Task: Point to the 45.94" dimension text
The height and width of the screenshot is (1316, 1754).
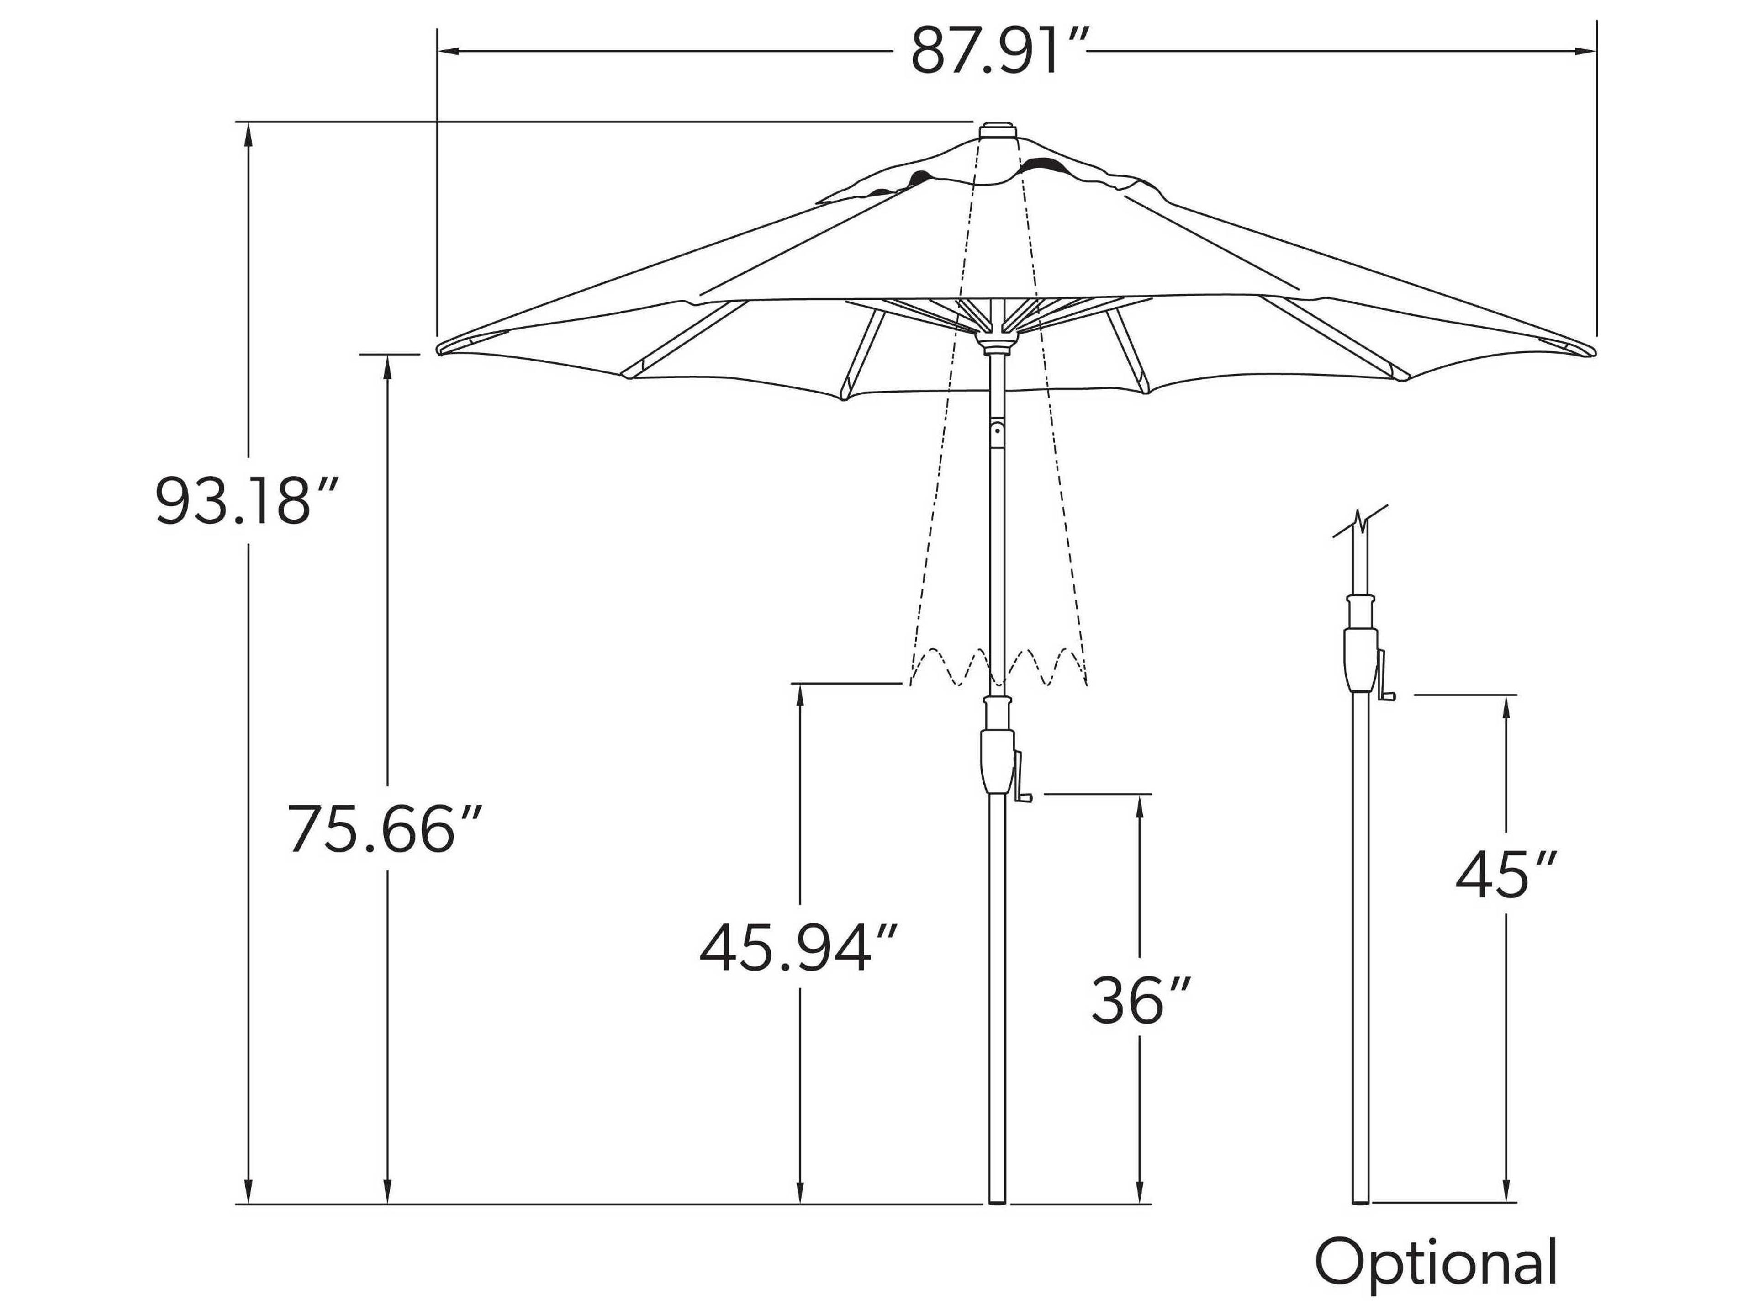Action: click(x=798, y=949)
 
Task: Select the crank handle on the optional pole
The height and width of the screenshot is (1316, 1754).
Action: click(x=1386, y=684)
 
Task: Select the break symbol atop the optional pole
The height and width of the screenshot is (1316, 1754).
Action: click(x=1361, y=520)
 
